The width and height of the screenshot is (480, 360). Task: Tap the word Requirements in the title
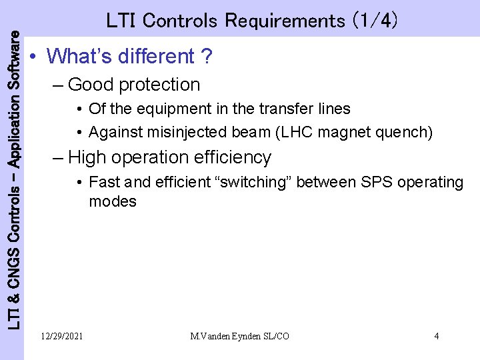pos(283,21)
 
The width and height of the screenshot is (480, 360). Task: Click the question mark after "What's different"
pos(207,57)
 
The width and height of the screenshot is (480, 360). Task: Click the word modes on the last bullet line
pos(113,201)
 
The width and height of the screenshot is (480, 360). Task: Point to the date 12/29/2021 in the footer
pos(61,336)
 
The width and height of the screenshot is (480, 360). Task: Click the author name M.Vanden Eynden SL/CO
pos(239,336)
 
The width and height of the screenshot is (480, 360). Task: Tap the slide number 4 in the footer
pos(436,336)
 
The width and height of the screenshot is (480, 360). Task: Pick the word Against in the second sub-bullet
pos(112,133)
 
